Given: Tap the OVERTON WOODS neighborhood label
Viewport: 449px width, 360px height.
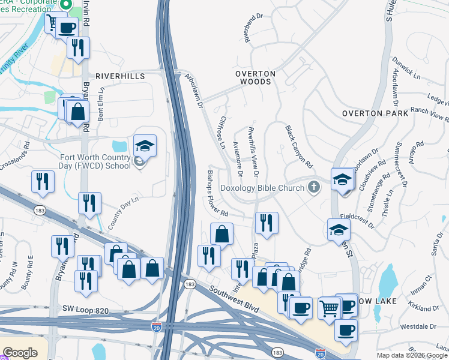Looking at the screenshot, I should tap(255, 78).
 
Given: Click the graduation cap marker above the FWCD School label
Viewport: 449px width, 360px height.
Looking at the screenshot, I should tap(145, 146).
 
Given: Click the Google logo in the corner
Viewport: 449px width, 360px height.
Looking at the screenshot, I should tap(20, 353).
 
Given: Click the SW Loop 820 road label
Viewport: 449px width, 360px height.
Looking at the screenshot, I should tap(85, 309).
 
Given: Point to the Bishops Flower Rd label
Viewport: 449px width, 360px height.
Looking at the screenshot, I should tap(218, 193).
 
